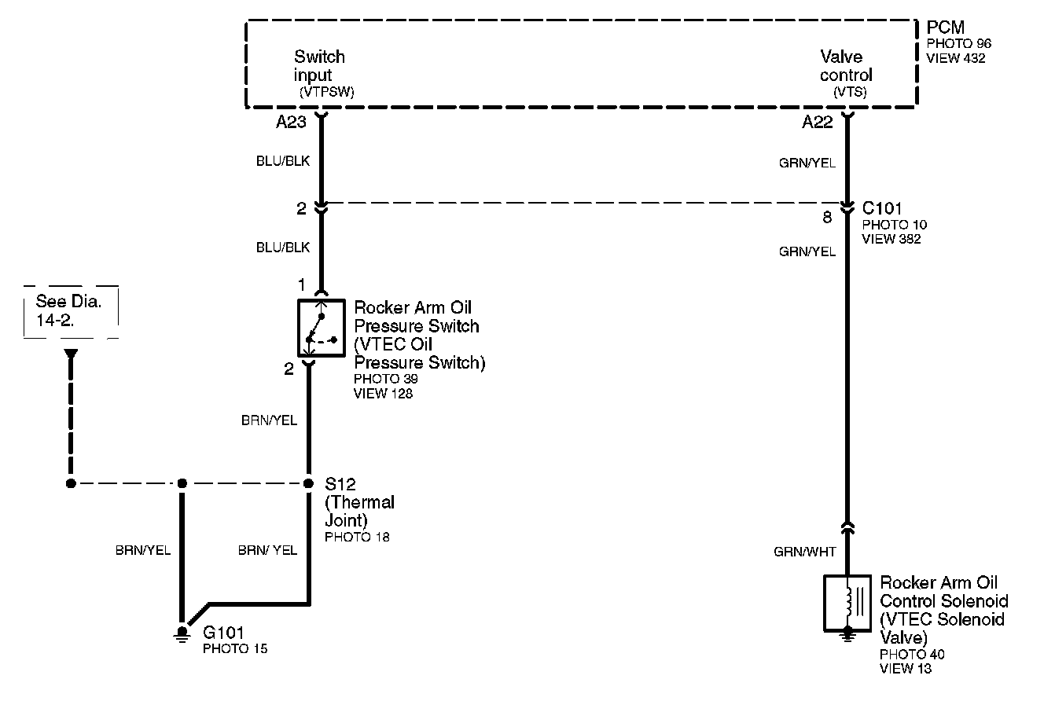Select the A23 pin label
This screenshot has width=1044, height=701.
click(x=290, y=123)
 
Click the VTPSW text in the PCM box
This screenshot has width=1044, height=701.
click(x=326, y=92)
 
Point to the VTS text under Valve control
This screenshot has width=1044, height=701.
click(x=850, y=92)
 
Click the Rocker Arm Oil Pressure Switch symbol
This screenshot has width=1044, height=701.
click(x=321, y=327)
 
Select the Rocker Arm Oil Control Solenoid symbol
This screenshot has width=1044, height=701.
click(x=847, y=603)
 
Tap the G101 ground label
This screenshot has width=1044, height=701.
click(x=223, y=633)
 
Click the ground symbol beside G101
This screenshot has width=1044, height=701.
click(x=182, y=633)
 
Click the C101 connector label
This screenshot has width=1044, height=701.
click(x=881, y=209)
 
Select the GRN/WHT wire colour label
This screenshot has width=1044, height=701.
click(x=804, y=552)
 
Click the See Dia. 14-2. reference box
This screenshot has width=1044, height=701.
click(x=71, y=311)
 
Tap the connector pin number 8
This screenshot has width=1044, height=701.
click(x=827, y=218)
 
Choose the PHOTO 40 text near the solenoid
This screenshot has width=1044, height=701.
click(x=912, y=655)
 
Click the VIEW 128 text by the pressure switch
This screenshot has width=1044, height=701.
click(x=383, y=393)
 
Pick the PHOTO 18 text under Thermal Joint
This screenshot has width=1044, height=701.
click(x=357, y=538)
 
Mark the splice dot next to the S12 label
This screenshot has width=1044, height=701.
click(x=308, y=483)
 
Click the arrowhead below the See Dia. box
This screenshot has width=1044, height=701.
click(x=71, y=354)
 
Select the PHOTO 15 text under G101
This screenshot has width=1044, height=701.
click(x=234, y=648)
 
